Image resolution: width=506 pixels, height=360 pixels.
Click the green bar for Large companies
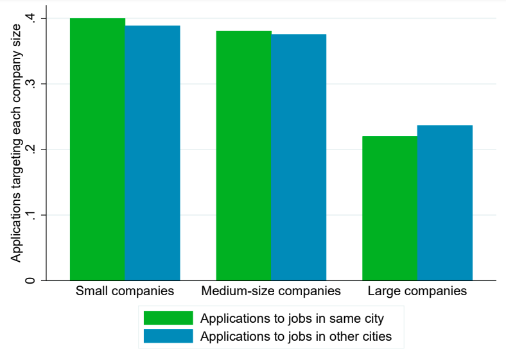click(390, 208)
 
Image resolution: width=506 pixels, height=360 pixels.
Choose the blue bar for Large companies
click(445, 203)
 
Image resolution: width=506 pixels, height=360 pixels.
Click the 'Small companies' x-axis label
click(125, 291)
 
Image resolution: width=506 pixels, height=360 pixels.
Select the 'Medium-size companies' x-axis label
click(271, 291)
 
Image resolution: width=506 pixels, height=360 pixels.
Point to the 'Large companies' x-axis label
click(417, 291)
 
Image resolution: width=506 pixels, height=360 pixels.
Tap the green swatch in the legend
click(168, 318)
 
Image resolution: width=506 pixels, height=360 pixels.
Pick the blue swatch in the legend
click(168, 336)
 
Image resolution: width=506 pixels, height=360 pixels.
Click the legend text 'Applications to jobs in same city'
click(292, 318)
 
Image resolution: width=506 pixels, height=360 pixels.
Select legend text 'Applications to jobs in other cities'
click(296, 336)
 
